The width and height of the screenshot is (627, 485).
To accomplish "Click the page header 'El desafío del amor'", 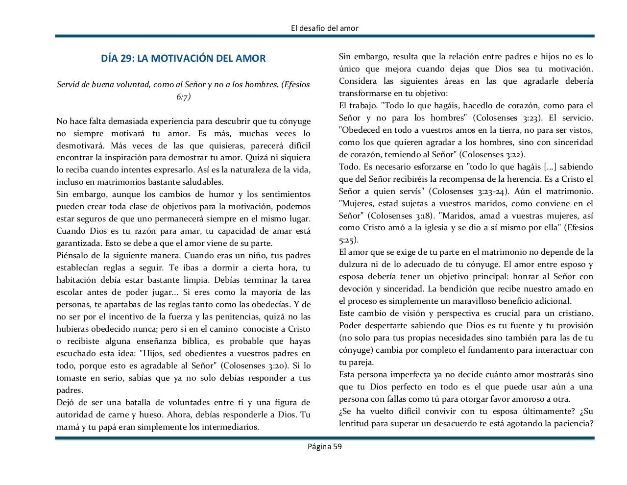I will [324, 28].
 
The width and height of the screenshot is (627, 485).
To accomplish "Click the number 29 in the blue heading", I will [127, 59].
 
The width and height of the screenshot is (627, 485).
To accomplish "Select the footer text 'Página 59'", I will [324, 446].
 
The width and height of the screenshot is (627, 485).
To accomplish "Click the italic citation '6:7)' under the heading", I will [183, 97].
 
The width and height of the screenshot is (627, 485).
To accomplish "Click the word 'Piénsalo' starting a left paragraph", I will [72, 256].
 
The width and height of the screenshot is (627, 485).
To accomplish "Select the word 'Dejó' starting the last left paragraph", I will [65, 403].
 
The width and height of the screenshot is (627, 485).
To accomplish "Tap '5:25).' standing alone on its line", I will [348, 241].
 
